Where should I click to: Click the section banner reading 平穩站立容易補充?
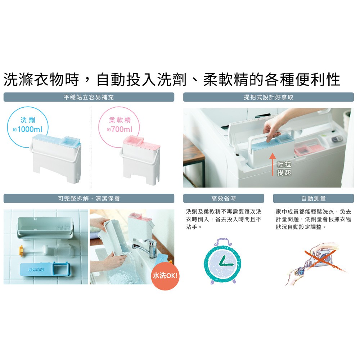tap(89, 97)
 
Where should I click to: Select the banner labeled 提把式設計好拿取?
tap(269, 97)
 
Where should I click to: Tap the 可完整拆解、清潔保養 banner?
tap(89, 198)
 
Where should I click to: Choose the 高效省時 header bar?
tap(224, 198)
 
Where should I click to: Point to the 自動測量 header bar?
tap(314, 198)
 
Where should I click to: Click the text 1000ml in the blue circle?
tap(30, 129)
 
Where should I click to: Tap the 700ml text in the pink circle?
tap(122, 129)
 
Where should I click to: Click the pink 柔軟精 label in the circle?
tap(120, 120)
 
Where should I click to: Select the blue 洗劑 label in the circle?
tap(28, 120)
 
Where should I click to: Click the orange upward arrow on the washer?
tap(273, 165)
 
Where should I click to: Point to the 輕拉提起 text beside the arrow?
tap(284, 168)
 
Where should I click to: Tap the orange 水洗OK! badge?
tap(165, 275)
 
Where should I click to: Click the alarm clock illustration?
tap(222, 261)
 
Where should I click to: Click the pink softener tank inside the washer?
tap(307, 147)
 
